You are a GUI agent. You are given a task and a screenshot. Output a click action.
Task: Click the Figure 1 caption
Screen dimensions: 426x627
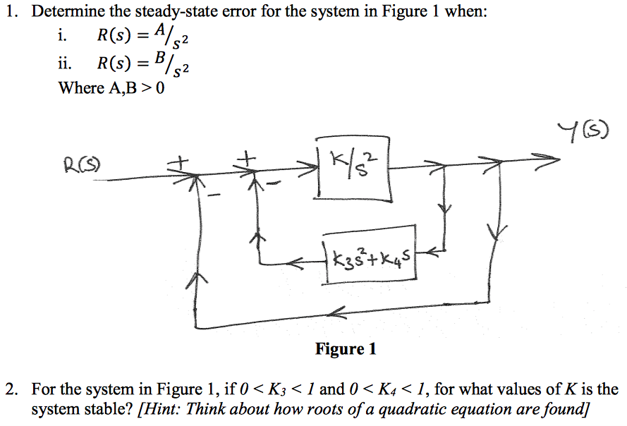pyautogui.click(x=346, y=348)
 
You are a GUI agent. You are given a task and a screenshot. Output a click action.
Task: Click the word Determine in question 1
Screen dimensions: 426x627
pyautogui.click(x=63, y=12)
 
